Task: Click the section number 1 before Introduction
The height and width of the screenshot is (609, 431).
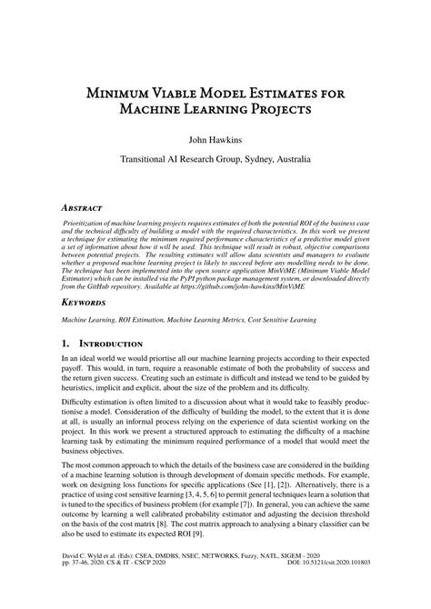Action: pos(64,344)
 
